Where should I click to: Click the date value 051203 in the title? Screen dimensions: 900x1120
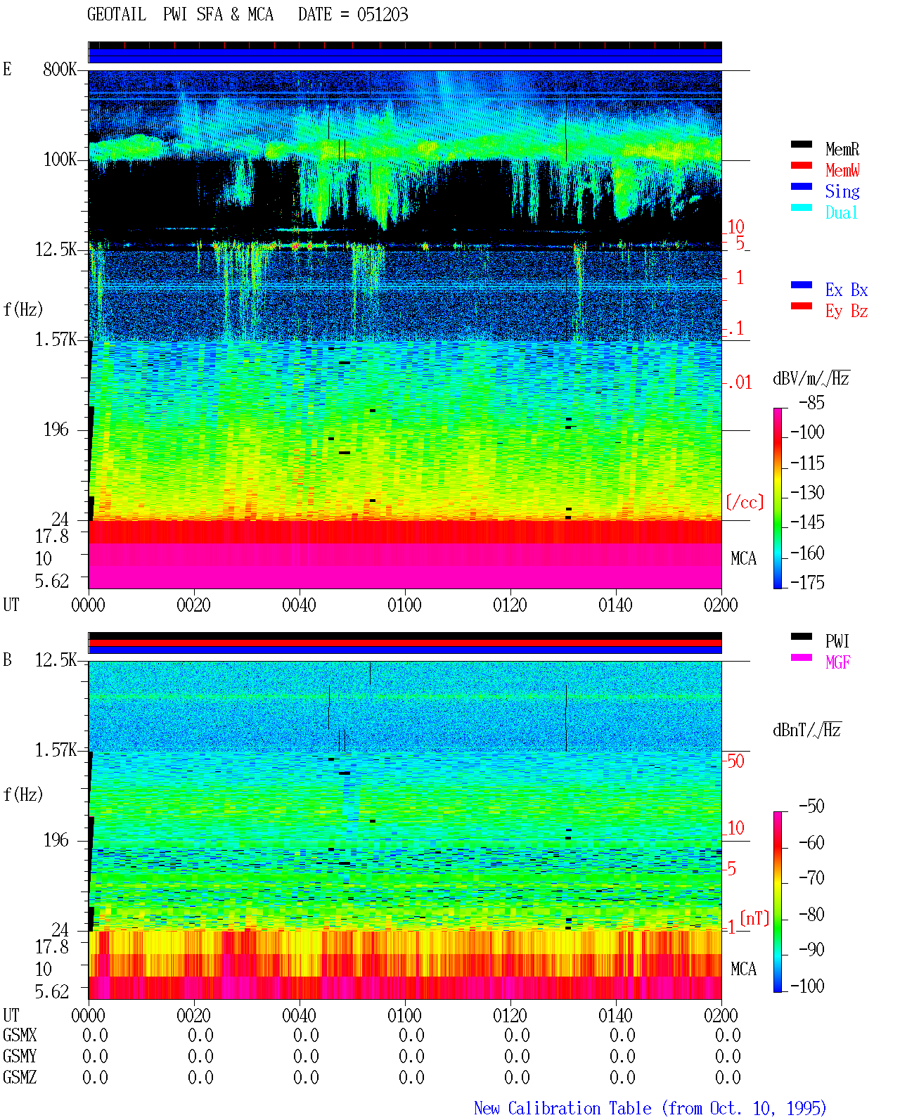tap(382, 15)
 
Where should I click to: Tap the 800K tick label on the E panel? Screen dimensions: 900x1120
tap(60, 69)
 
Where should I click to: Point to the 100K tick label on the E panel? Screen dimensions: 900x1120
tap(60, 160)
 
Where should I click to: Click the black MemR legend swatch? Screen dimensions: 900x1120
tap(801, 144)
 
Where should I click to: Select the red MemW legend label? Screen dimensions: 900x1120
tap(842, 170)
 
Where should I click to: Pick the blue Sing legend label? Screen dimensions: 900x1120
tap(842, 191)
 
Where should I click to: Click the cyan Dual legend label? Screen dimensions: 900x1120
tap(841, 212)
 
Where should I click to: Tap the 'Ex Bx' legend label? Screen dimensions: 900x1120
tap(847, 290)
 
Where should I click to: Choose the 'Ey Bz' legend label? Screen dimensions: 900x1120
tap(847, 311)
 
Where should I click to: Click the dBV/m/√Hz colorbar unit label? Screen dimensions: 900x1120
tap(811, 378)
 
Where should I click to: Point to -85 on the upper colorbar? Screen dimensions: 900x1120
tap(812, 402)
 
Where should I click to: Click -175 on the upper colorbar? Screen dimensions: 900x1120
tap(808, 582)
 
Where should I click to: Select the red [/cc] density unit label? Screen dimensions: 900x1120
tap(745, 502)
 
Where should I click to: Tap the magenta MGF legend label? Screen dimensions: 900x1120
tap(837, 662)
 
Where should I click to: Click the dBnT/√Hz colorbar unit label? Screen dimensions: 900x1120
tap(807, 730)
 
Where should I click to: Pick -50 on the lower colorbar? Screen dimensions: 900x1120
tap(812, 806)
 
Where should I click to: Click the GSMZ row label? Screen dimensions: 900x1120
tap(20, 1077)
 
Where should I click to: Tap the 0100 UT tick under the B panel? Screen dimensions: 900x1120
tap(404, 1015)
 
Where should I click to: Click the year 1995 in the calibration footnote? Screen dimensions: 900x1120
tap(806, 1108)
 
